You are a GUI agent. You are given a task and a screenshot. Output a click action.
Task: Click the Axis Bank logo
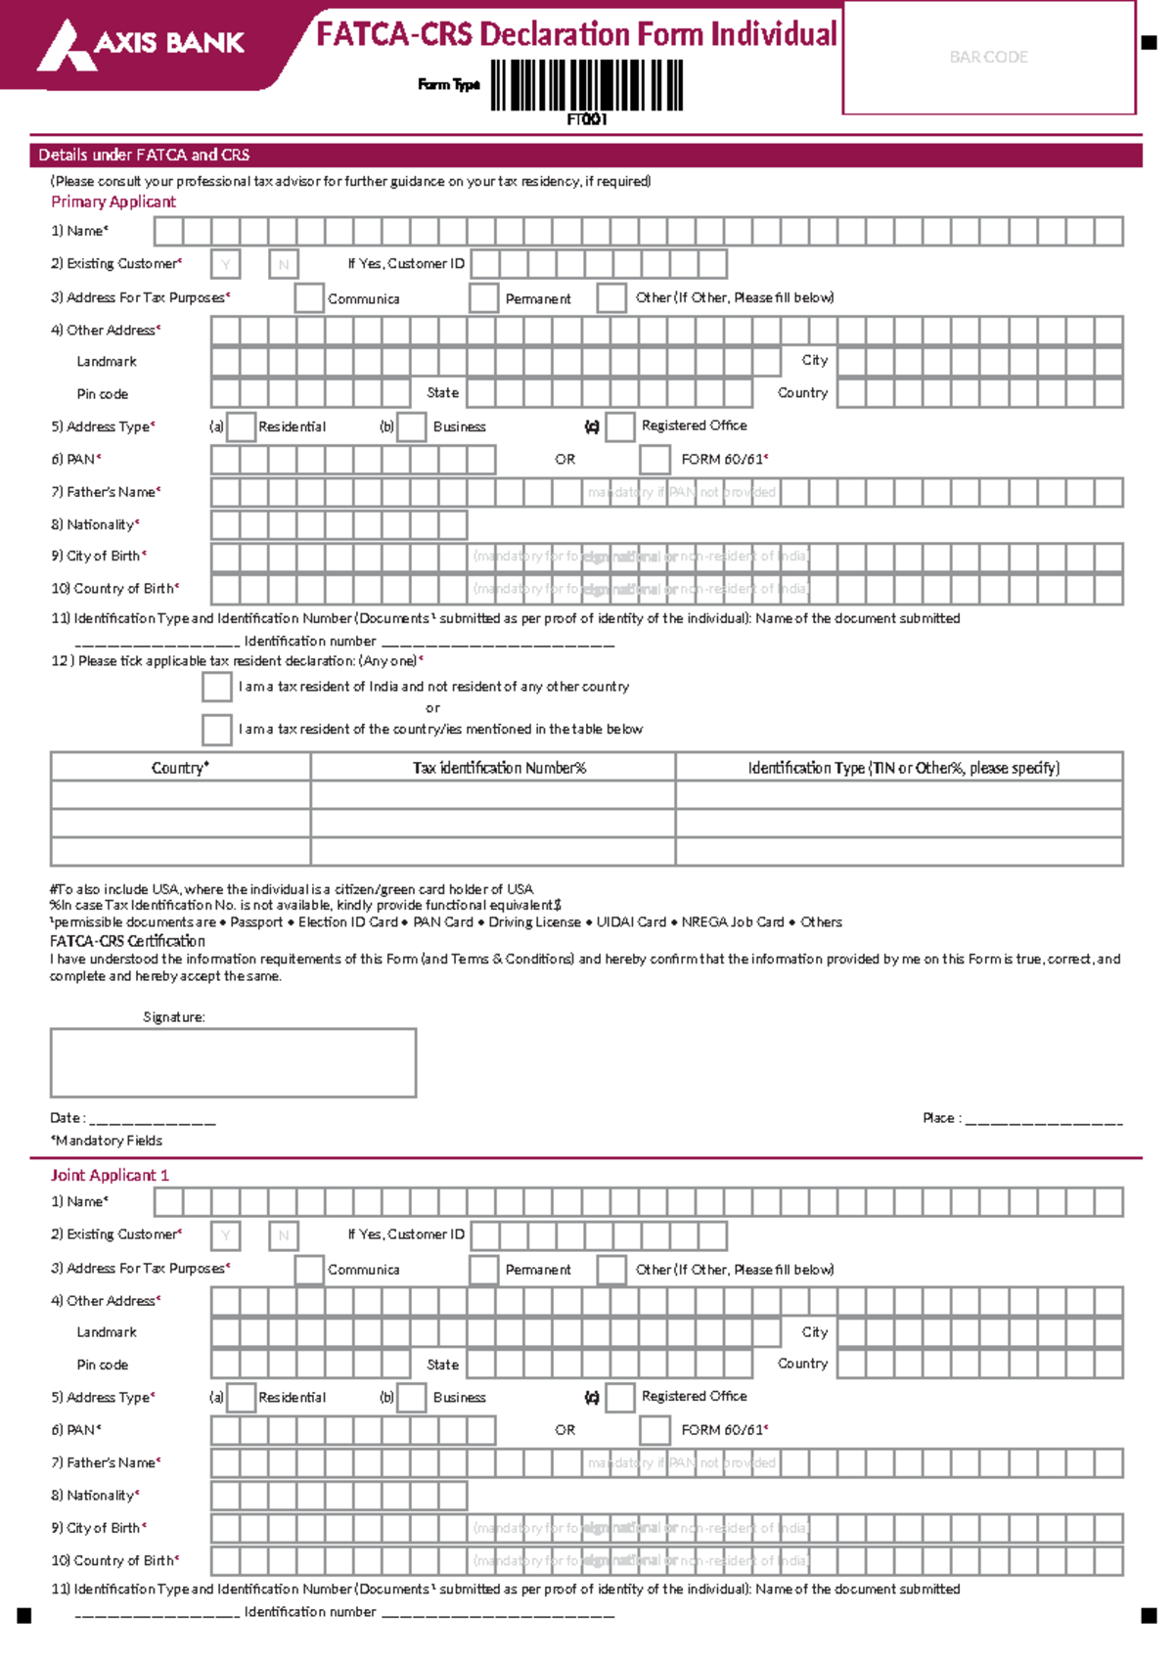coord(141,45)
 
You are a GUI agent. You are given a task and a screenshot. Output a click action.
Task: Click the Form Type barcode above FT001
coord(587,85)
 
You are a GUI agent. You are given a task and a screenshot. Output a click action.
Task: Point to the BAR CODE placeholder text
coord(988,58)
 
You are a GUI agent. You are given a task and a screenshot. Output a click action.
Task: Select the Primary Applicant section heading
coord(113,202)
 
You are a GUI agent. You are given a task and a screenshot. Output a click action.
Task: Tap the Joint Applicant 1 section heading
coord(110,1175)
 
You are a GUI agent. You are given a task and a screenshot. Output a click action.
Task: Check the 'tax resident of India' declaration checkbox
coord(217,687)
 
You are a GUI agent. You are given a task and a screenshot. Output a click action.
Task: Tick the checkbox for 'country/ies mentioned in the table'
coord(217,729)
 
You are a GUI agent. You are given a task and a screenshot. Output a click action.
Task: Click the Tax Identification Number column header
coord(499,768)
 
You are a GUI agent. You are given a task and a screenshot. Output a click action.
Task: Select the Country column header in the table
coord(180,768)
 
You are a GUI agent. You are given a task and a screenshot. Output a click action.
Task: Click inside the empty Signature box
coord(233,1062)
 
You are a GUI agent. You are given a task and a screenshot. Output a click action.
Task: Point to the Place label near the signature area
coord(941,1118)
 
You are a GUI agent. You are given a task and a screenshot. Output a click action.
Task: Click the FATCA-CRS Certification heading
coord(127,941)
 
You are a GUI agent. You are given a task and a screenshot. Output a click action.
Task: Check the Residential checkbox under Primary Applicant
coord(241,426)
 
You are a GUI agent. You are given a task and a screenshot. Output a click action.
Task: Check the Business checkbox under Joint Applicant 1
coord(412,1398)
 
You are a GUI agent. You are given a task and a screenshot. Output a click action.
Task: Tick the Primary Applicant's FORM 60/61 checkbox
coord(655,460)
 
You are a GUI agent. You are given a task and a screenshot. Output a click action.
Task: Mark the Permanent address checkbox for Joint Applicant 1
coord(484,1270)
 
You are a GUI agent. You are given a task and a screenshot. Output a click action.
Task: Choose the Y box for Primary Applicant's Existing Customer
coord(226,264)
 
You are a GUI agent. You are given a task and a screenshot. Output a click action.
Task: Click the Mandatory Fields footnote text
coord(108,1141)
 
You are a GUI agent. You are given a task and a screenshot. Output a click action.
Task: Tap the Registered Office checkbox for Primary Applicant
coord(620,426)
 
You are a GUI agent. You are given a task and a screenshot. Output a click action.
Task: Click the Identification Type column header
coord(903,768)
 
